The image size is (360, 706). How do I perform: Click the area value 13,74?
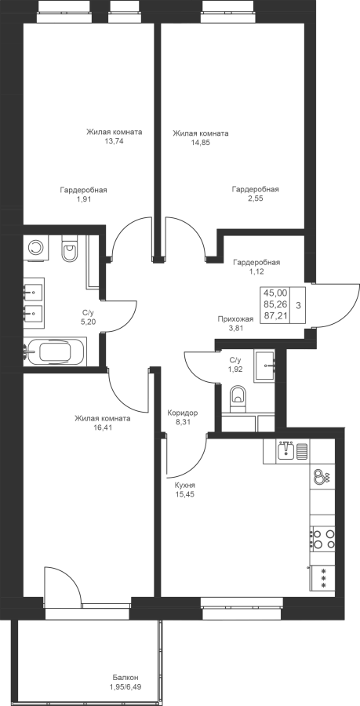[x=115, y=141]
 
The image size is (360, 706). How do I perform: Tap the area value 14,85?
[x=201, y=143]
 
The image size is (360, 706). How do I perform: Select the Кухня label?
[x=185, y=486]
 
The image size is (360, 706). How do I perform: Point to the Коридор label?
[x=182, y=413]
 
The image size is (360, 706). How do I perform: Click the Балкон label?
[x=125, y=678]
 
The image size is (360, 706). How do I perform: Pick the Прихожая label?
[x=235, y=318]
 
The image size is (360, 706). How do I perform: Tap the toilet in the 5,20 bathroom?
[x=70, y=251]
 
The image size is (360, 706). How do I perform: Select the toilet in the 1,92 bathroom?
[x=238, y=398]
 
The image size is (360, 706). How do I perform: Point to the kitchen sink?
[x=286, y=451]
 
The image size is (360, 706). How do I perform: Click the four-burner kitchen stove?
[x=323, y=538]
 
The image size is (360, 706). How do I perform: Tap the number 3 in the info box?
[x=298, y=304]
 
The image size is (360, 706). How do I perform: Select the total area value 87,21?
[x=275, y=315]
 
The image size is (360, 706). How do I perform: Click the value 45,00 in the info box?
[x=275, y=293]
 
